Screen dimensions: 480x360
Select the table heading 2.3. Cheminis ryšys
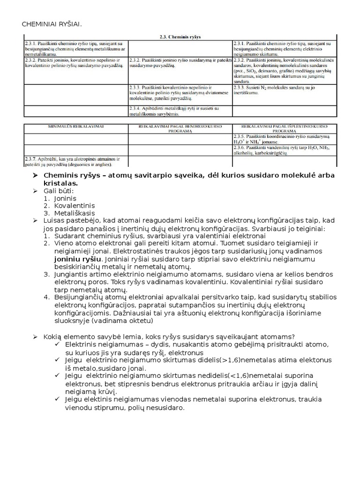click(180, 36)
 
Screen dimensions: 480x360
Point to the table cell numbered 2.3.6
click(284, 150)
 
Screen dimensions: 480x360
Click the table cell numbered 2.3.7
click(75, 161)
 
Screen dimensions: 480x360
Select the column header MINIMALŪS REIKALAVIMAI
click(75, 127)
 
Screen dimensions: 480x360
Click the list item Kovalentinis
click(75, 206)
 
